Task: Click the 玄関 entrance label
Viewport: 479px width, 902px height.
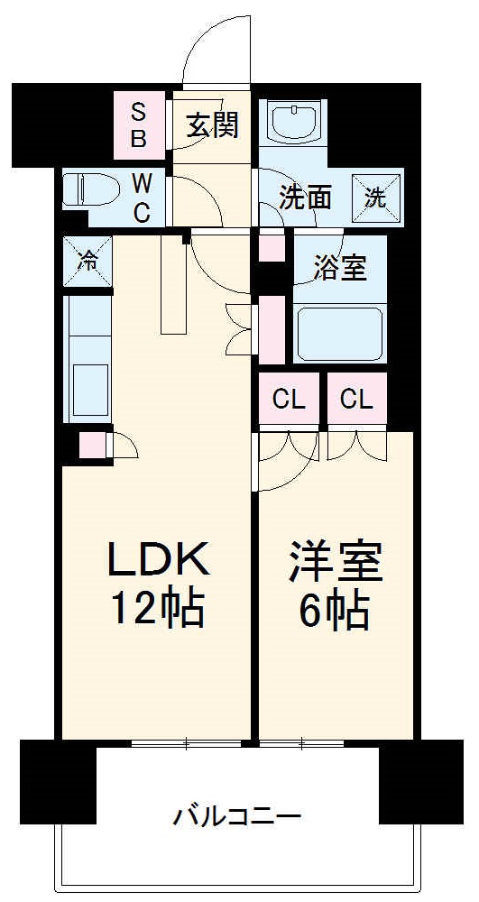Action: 213,125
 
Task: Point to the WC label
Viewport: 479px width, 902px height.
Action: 142,198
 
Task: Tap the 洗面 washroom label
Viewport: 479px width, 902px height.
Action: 304,198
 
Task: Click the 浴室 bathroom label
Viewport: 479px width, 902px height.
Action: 340,268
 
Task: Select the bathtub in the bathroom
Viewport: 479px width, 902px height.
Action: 340,333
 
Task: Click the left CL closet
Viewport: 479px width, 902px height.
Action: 290,400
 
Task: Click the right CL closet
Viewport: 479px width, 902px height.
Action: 357,400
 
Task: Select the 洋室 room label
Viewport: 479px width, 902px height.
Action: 336,562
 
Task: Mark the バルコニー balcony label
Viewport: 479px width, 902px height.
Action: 236,818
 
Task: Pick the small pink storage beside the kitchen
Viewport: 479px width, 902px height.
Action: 91,446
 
